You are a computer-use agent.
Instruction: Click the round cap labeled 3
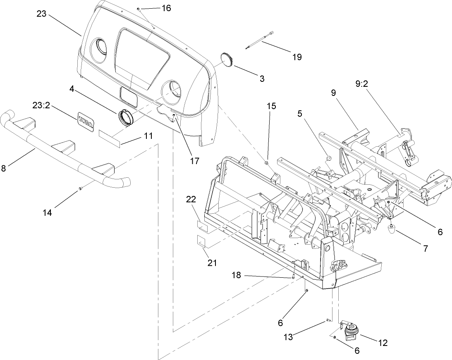point(227,60)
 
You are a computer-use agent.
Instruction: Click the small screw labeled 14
point(79,189)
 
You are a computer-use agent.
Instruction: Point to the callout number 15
point(271,105)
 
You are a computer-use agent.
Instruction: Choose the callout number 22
point(191,199)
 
